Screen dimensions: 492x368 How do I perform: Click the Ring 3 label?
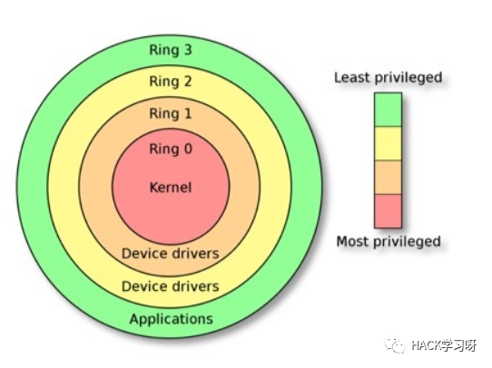[171, 50]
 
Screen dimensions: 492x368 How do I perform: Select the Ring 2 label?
[171, 82]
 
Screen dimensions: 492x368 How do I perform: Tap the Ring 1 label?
[171, 113]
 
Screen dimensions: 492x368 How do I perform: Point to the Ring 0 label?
[171, 149]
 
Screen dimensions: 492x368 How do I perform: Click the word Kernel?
[171, 188]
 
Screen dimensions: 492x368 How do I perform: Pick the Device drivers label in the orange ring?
[170, 254]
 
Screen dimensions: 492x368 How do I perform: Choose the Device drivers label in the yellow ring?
[170, 286]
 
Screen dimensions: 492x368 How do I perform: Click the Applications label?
[172, 319]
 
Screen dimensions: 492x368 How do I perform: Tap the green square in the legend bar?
[388, 110]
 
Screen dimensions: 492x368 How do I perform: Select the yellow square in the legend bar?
[388, 143]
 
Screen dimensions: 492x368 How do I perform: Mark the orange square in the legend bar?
[388, 178]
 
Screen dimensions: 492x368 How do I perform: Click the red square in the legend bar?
[388, 211]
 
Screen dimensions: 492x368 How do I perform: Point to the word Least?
[350, 77]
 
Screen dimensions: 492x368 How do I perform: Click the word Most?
[353, 241]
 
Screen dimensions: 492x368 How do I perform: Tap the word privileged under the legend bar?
[408, 242]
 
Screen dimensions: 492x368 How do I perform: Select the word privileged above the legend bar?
[407, 78]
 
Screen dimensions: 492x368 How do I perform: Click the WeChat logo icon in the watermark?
[395, 345]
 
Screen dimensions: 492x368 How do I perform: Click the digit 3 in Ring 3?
[188, 50]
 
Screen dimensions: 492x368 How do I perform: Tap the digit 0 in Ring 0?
[188, 149]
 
